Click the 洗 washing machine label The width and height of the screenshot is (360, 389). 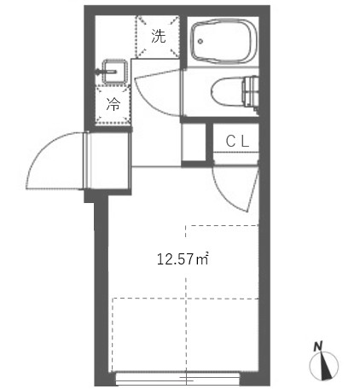pyautogui.click(x=158, y=36)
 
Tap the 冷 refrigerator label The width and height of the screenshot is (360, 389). pyautogui.click(x=113, y=104)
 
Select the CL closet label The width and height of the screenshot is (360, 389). pyautogui.click(x=237, y=141)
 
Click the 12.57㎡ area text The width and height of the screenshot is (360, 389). pyautogui.click(x=183, y=259)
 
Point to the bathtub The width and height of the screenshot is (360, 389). pyautogui.click(x=224, y=41)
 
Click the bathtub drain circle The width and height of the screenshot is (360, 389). pyautogui.click(x=200, y=41)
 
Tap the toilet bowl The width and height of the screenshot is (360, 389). pyautogui.click(x=228, y=91)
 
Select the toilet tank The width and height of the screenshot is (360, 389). pyautogui.click(x=251, y=91)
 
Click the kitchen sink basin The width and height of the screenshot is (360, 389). pyautogui.click(x=114, y=72)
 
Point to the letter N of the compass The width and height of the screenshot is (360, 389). pyautogui.click(x=318, y=346)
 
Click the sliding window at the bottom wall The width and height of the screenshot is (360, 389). pyautogui.click(x=178, y=379)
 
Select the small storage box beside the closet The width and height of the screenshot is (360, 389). pyautogui.click(x=194, y=142)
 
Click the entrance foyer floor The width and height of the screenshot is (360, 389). pyautogui.click(x=108, y=160)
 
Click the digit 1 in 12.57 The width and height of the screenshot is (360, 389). pyautogui.click(x=160, y=259)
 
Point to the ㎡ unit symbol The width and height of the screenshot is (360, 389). pyautogui.click(x=203, y=258)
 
